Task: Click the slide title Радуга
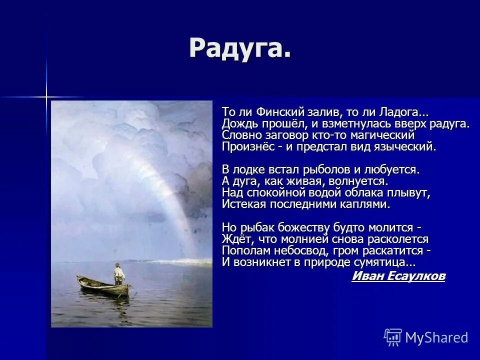click(240, 48)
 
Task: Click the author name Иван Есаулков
click(398, 276)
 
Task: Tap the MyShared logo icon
click(393, 337)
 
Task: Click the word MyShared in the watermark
click(436, 337)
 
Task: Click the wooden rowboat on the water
click(103, 287)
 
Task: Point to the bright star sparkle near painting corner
click(46, 96)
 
